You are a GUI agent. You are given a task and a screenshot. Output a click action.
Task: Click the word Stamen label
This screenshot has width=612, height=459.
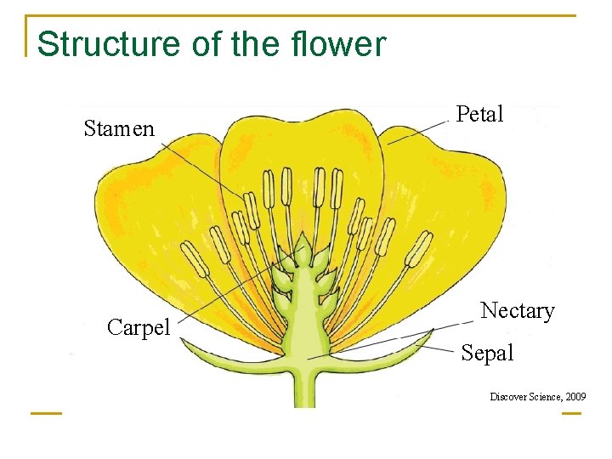coord(119,129)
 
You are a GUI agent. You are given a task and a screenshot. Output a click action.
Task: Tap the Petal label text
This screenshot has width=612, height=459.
coord(480,114)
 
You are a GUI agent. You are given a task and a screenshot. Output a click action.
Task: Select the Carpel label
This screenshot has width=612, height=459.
coord(139,327)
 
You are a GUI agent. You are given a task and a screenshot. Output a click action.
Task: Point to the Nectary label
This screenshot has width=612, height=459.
coord(517,311)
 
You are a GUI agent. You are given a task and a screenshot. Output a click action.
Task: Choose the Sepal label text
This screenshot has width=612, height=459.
coord(487,354)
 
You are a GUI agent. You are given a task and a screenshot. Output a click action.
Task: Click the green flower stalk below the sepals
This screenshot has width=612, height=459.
coord(298,391)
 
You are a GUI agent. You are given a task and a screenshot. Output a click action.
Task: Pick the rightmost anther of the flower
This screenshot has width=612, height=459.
coord(418,249)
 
